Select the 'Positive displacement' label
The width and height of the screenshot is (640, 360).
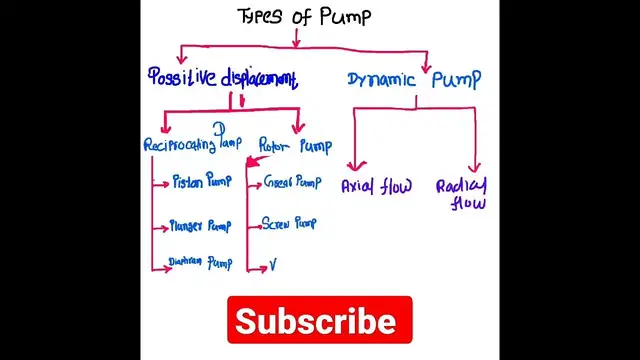[222, 78]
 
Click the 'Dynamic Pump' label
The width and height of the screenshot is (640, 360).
[413, 79]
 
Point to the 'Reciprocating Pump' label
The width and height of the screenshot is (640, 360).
[193, 145]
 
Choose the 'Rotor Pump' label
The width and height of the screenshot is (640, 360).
[295, 146]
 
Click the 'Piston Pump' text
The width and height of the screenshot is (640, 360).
[201, 182]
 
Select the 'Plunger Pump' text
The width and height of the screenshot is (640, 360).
[200, 226]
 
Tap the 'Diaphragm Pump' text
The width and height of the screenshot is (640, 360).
[200, 264]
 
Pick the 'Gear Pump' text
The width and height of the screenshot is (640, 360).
[292, 183]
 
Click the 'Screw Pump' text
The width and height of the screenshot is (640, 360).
[289, 223]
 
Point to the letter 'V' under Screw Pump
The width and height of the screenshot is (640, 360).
[272, 266]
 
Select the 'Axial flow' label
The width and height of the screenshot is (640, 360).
[376, 186]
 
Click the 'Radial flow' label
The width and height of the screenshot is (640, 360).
[462, 194]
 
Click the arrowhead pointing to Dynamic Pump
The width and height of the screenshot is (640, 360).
[426, 67]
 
